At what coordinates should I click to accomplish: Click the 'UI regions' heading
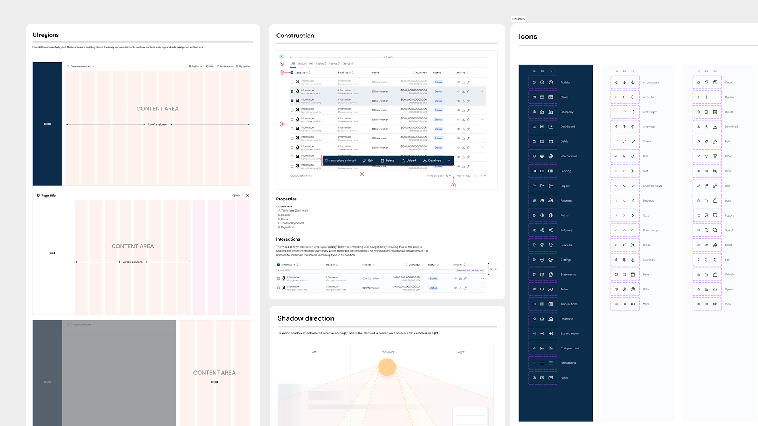(x=45, y=35)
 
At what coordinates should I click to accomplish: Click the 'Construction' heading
(x=295, y=35)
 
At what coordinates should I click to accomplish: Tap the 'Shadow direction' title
(x=306, y=318)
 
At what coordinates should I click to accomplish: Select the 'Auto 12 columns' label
(x=158, y=125)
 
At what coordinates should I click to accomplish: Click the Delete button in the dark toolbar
(x=388, y=161)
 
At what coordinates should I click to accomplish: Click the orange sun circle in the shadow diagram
(x=387, y=367)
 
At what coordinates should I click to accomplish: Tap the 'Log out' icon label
(x=565, y=186)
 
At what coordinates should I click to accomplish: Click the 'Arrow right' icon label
(x=650, y=112)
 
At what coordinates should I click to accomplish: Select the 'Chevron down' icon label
(x=652, y=186)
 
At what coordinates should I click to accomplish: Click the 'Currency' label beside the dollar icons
(x=649, y=260)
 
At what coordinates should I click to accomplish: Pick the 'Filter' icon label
(x=728, y=156)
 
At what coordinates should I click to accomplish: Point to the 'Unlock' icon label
(x=729, y=275)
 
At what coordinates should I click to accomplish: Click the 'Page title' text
(x=49, y=196)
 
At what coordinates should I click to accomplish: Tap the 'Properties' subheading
(x=286, y=199)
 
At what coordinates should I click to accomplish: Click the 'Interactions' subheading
(x=288, y=239)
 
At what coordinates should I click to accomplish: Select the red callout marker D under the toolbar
(x=362, y=174)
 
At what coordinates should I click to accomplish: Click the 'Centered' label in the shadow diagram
(x=387, y=352)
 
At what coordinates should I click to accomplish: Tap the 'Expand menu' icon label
(x=569, y=334)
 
